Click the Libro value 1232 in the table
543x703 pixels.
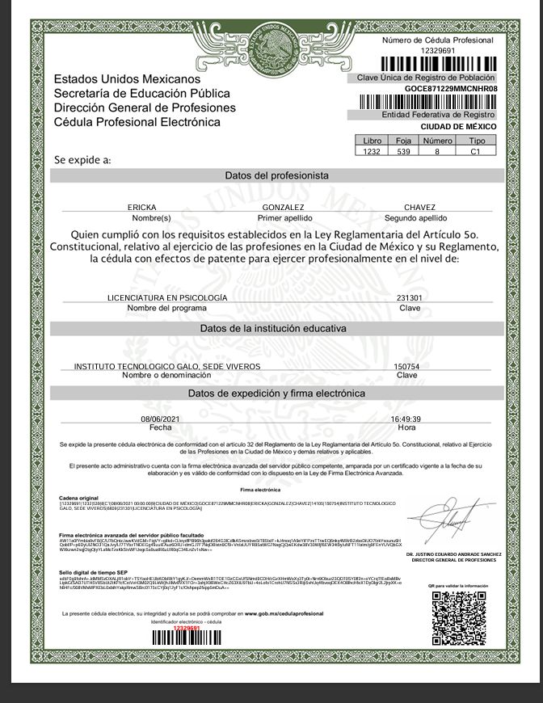pyautogui.click(x=372, y=151)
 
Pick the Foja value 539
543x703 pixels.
pyautogui.click(x=404, y=151)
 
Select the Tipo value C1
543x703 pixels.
pyautogui.click(x=475, y=151)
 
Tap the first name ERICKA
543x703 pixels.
pyautogui.click(x=142, y=208)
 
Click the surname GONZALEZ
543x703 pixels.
pyautogui.click(x=277, y=208)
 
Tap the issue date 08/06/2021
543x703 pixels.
pyautogui.click(x=160, y=419)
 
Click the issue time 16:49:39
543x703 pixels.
pyautogui.click(x=406, y=419)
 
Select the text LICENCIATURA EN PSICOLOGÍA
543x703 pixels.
pyautogui.click(x=167, y=297)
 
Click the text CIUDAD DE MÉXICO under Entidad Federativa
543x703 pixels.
pyautogui.click(x=453, y=127)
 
